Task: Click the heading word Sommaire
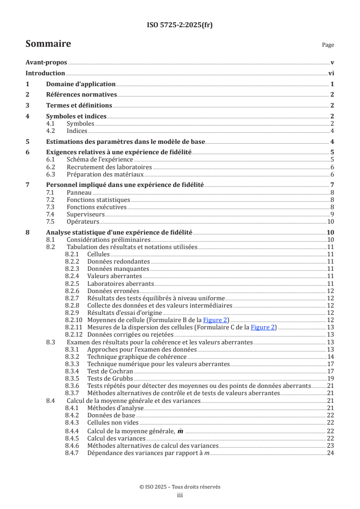[x=48, y=44]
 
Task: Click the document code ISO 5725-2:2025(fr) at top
[x=180, y=25]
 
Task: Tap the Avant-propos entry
[x=46, y=63]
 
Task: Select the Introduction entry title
[x=45, y=73]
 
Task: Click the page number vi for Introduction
[x=331, y=73]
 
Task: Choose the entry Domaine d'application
[x=81, y=84]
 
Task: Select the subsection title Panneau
[x=79, y=193]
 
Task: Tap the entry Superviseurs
[x=85, y=214]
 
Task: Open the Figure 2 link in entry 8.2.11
[x=264, y=327]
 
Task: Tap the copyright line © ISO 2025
[x=180, y=486]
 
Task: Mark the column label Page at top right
[x=328, y=45]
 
